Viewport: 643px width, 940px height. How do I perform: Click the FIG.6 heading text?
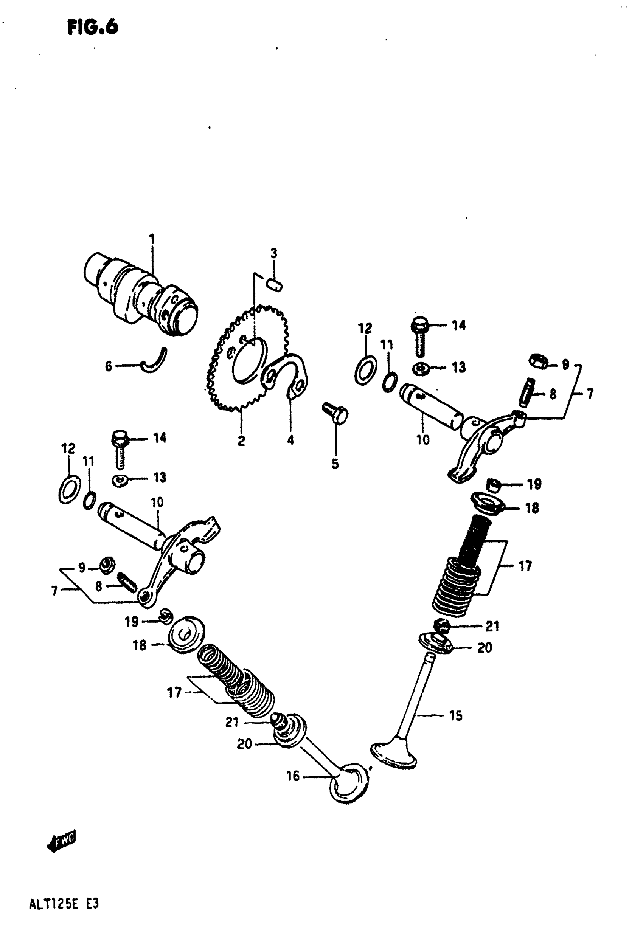93,28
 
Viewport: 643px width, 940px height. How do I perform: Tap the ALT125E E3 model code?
64,904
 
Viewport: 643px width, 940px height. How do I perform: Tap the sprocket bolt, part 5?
335,413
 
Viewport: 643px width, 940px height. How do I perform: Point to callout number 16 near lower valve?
293,776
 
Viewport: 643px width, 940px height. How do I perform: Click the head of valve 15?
394,755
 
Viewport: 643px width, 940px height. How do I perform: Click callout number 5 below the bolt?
335,464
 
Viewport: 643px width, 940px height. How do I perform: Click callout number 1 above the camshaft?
152,239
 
